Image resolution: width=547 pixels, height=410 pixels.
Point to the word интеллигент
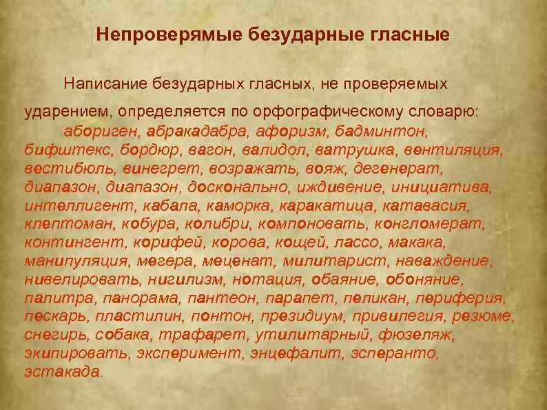(x=80, y=205)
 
